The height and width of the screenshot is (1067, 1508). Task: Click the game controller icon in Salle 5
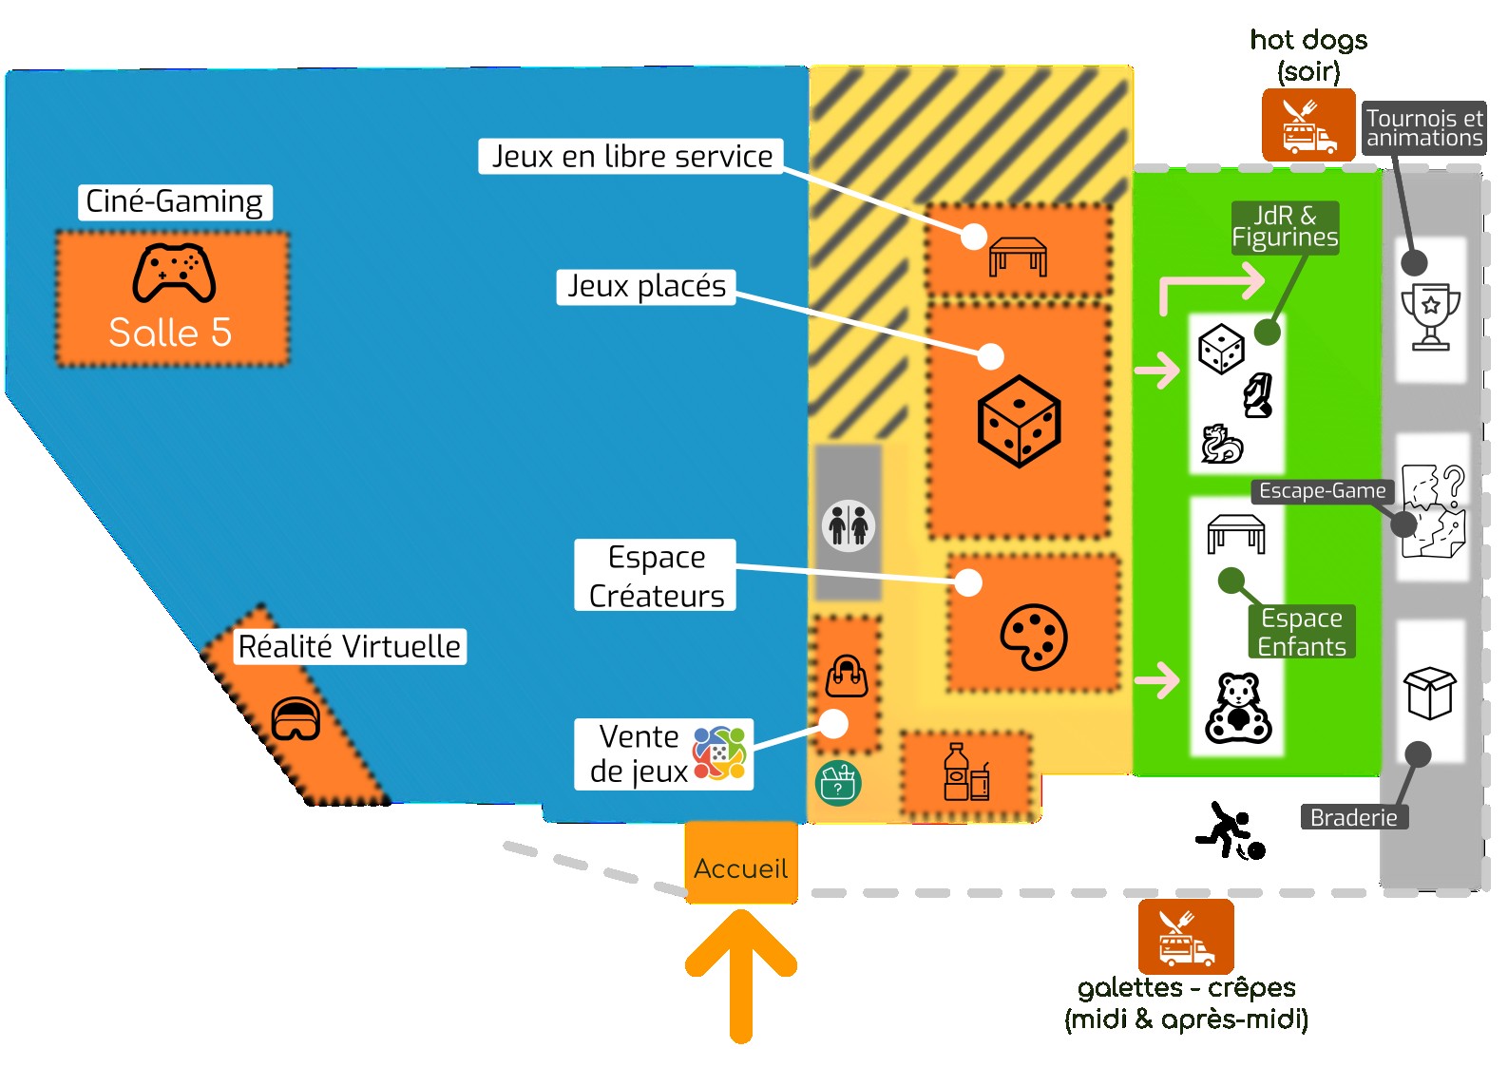(x=174, y=273)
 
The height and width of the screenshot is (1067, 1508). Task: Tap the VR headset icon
(x=296, y=719)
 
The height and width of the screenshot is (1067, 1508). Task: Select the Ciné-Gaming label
(x=175, y=201)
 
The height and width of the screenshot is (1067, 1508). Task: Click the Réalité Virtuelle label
(x=349, y=646)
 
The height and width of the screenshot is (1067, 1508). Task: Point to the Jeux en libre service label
(x=632, y=156)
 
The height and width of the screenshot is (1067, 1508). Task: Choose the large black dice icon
(x=1019, y=421)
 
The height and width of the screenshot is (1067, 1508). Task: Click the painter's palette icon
(x=1034, y=637)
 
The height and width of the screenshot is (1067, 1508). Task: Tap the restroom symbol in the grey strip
(x=848, y=524)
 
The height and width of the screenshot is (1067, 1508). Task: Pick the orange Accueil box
(x=740, y=863)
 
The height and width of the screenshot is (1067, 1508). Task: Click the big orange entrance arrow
(x=740, y=969)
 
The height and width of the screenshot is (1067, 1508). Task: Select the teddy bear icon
(x=1238, y=709)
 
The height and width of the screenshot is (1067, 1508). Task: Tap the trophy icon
(x=1430, y=315)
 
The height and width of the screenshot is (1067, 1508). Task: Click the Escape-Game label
(x=1322, y=491)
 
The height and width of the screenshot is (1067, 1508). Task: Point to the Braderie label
(x=1353, y=817)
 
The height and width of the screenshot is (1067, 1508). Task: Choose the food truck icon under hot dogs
(x=1308, y=125)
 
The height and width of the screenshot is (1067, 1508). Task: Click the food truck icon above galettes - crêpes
(x=1186, y=937)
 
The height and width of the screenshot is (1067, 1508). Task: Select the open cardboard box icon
(x=1430, y=692)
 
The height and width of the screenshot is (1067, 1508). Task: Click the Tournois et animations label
(x=1423, y=128)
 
